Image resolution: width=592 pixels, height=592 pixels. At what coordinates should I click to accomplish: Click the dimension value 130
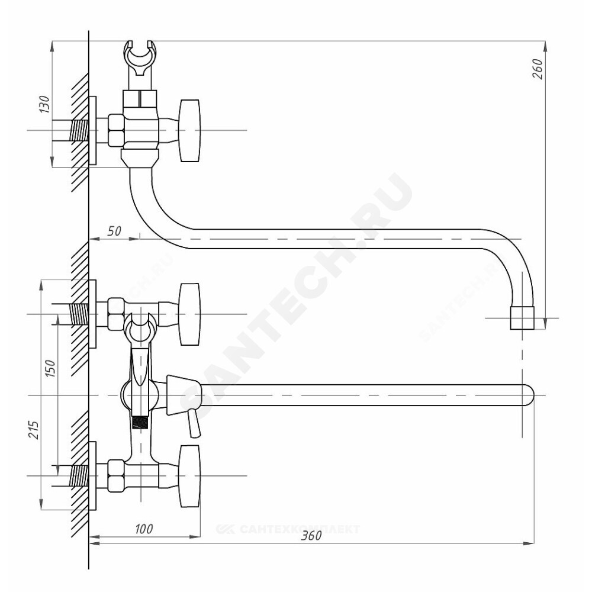click(x=43, y=105)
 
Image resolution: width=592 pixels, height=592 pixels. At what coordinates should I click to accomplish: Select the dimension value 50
click(x=114, y=231)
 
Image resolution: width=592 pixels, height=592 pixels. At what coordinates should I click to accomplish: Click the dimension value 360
click(x=310, y=536)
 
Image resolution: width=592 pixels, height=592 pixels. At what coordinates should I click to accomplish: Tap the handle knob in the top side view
click(x=190, y=130)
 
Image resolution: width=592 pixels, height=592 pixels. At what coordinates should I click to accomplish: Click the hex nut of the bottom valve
click(x=115, y=476)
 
